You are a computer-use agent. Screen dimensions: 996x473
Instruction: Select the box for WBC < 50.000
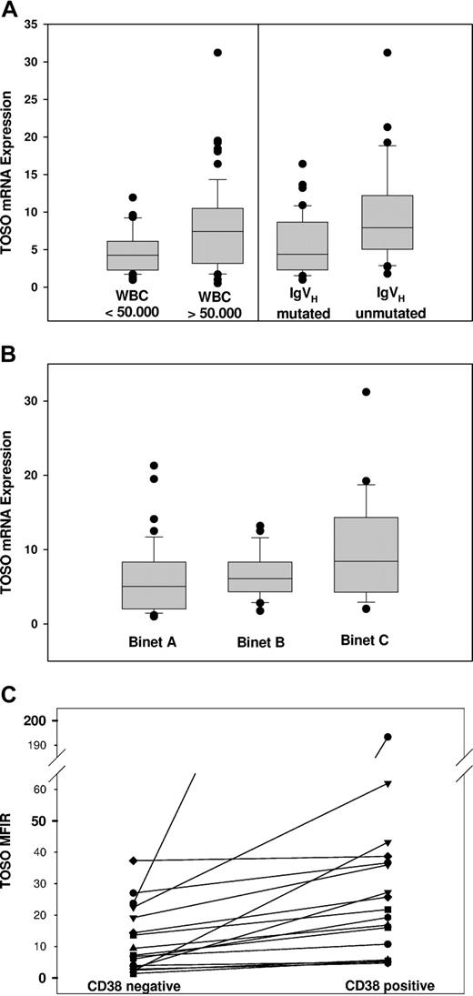[x=134, y=256]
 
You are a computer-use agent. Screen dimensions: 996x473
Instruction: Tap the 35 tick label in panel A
[x=30, y=25]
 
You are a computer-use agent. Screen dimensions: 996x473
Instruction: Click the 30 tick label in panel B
[x=34, y=400]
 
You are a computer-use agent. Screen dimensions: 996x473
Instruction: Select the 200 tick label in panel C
[x=30, y=720]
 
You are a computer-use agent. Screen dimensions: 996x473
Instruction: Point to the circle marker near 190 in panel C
[x=387, y=737]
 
